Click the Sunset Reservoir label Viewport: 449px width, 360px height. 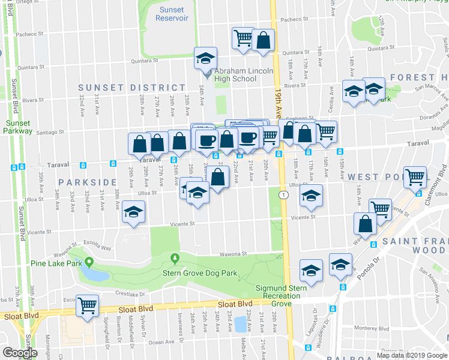point(172,14)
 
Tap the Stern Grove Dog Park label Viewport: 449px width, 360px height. point(200,274)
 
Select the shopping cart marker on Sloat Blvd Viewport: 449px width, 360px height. point(88,305)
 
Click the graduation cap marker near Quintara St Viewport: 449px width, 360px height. point(205,58)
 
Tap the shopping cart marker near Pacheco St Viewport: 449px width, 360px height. point(243,38)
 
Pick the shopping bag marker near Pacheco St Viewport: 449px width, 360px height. point(263,40)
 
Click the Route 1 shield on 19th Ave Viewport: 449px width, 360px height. point(283,195)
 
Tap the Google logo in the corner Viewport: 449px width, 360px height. point(20,352)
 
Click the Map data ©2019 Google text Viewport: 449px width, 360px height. point(411,355)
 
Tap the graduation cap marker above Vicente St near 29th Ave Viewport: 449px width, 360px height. point(133,211)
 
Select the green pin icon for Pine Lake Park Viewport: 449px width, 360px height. point(89,262)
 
